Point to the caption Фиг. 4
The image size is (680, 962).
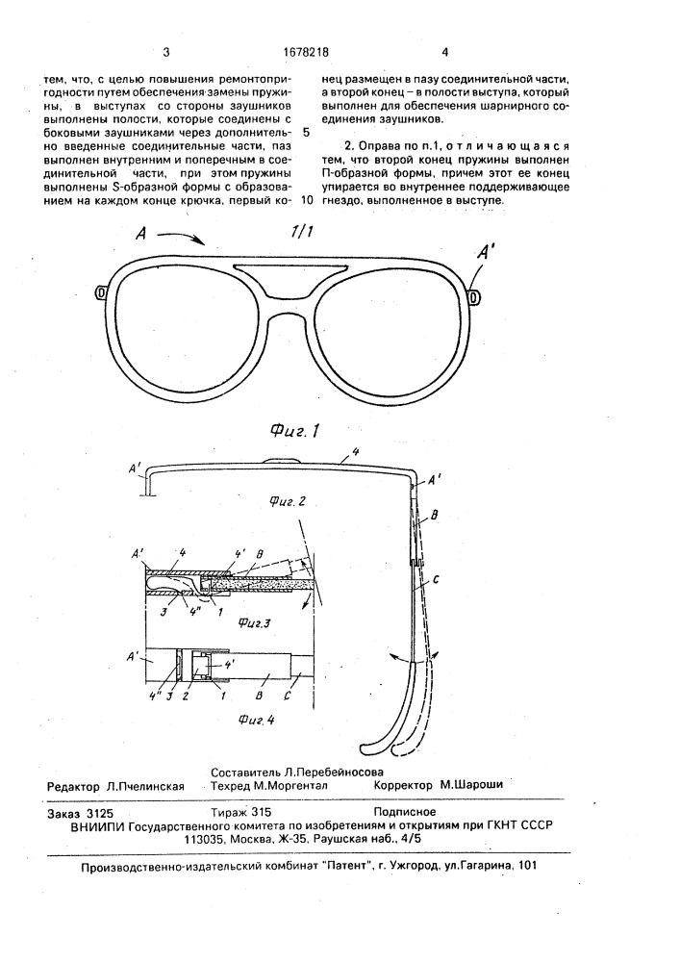[x=247, y=718]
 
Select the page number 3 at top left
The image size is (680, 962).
[x=167, y=53]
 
